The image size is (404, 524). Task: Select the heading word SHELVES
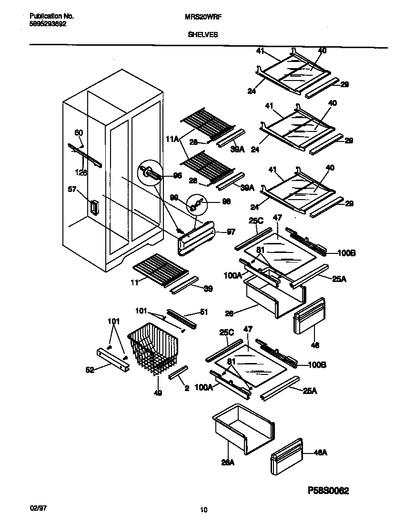point(203,34)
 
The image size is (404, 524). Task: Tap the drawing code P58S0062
point(324,491)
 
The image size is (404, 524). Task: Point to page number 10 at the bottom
point(203,510)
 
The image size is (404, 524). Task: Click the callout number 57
point(72,190)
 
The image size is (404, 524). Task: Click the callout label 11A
point(172,139)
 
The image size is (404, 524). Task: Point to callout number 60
point(78,133)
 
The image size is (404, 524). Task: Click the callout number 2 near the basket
point(186,388)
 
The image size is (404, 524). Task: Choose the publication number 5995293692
point(44,22)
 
